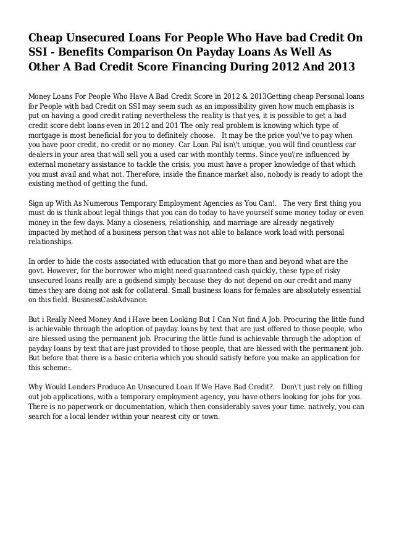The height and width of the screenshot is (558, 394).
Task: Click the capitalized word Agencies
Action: click(x=243, y=202)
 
